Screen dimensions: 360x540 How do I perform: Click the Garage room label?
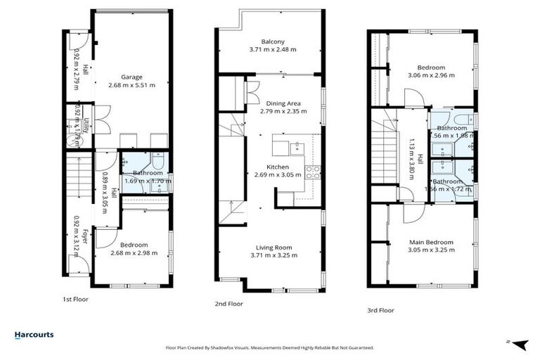pos(131,77)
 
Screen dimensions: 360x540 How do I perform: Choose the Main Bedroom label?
pos(431,243)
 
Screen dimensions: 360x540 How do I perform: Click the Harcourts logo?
pos(34,335)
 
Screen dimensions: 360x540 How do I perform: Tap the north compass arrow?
pos(520,344)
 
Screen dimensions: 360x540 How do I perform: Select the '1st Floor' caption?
pos(75,299)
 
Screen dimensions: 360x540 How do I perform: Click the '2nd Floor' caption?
pos(229,304)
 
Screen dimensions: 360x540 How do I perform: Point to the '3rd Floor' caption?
pos(380,310)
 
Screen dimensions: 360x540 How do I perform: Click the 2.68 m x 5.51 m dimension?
pos(131,85)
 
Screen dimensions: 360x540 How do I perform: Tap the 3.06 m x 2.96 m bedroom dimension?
pos(431,75)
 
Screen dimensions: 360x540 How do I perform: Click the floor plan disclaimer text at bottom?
pos(269,347)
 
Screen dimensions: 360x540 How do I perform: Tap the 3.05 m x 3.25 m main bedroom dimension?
pos(431,250)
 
